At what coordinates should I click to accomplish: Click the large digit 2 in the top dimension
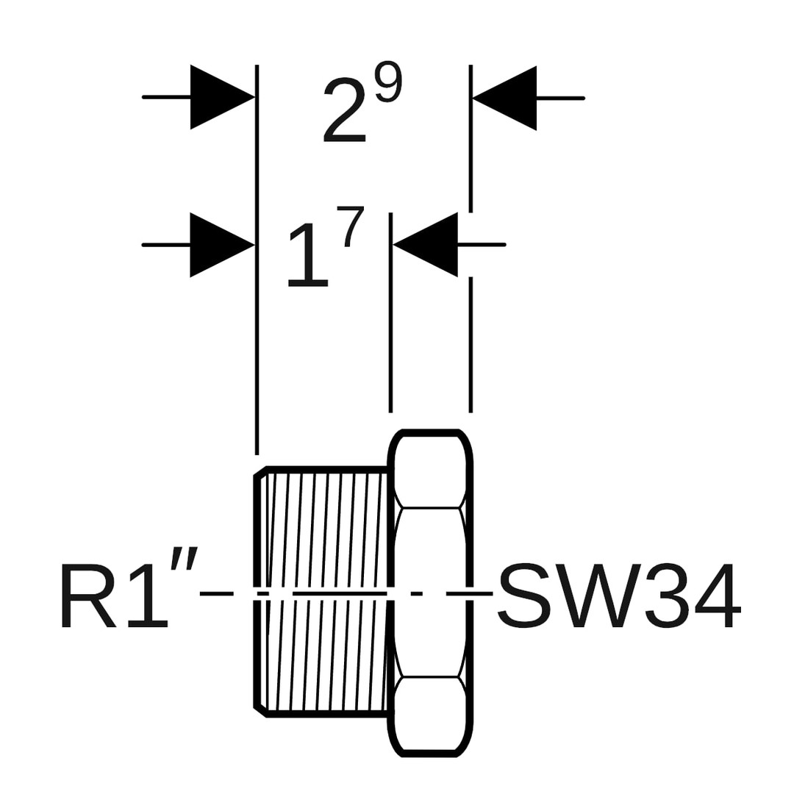coord(344,110)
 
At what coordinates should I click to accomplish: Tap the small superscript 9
coord(388,82)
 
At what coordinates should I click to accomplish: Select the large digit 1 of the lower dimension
coord(309,254)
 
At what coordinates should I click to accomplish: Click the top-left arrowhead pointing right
coord(221,97)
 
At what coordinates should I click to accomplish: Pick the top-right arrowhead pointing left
coord(506,98)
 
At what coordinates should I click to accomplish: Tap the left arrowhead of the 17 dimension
coord(221,245)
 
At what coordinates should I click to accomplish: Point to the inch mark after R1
coord(184,558)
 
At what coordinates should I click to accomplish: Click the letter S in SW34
coord(524,595)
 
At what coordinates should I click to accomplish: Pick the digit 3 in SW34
coord(667,595)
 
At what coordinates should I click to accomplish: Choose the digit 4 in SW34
coord(718,595)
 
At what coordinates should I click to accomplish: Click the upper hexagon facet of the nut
coord(430,471)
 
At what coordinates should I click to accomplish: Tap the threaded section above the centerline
coord(327,529)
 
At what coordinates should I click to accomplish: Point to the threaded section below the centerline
coord(327,654)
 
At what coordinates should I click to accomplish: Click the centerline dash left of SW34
coord(469,593)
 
